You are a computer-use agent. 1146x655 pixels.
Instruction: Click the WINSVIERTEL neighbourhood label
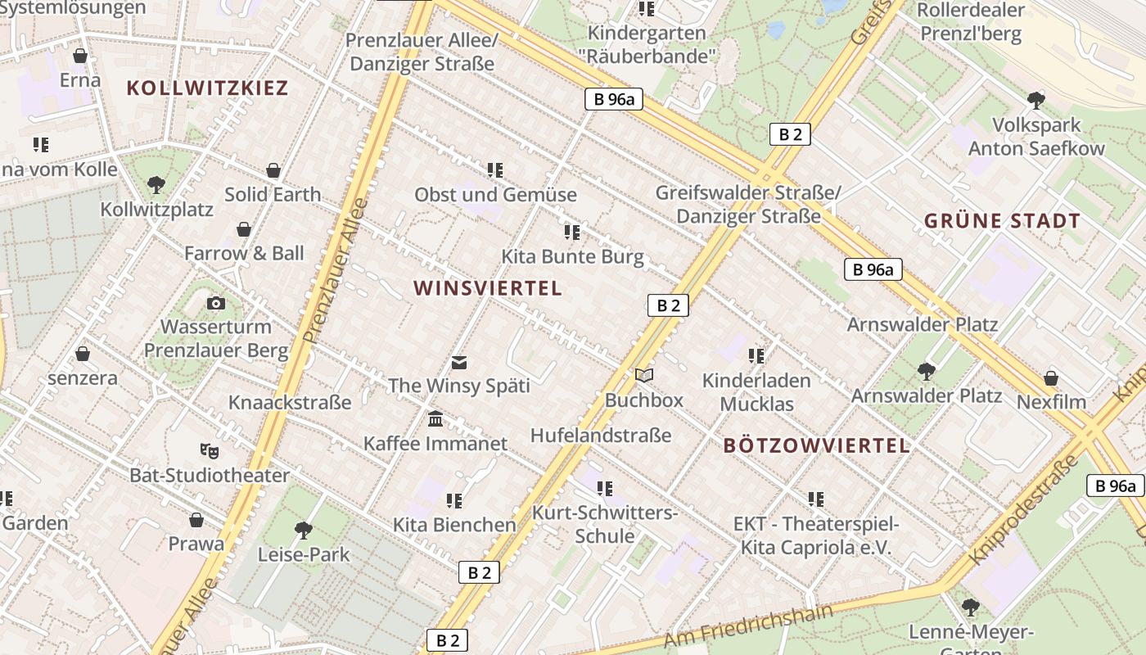488,288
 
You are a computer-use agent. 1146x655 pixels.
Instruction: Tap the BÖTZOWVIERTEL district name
816,445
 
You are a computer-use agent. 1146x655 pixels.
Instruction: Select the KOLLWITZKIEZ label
207,88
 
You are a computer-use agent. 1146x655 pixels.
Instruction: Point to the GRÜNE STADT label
1002,221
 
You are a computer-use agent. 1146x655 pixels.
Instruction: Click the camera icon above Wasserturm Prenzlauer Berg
216,304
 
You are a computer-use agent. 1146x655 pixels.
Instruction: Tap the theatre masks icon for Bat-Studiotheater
210,451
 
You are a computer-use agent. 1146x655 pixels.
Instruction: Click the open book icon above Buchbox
644,376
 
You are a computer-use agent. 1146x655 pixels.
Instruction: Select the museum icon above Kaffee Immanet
435,419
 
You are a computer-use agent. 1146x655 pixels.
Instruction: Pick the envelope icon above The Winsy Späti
459,362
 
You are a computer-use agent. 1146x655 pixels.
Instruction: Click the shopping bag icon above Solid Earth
273,170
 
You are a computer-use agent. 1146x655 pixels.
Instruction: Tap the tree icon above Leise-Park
304,530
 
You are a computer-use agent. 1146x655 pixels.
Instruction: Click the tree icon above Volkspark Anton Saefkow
1036,101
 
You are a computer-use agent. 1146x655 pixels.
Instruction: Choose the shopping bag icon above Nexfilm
1051,378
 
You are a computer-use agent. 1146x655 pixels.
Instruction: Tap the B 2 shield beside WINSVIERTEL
668,305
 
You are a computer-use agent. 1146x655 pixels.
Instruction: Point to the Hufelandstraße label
601,436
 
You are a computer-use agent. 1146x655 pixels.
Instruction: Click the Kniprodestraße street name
1024,508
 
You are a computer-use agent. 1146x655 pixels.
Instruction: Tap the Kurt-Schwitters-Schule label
605,525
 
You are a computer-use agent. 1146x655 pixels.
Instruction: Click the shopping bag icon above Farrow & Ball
244,229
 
